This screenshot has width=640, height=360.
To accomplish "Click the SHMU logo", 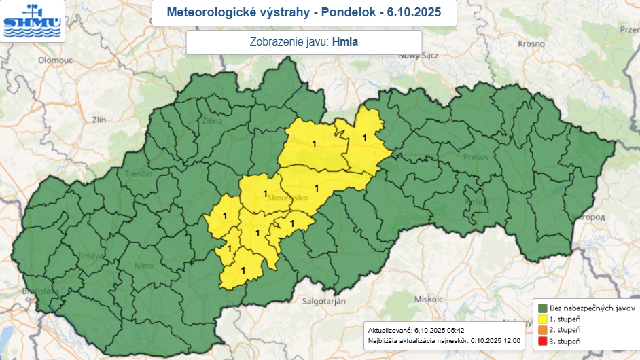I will click(x=31, y=20).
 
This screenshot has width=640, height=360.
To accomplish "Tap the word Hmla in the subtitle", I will click(x=345, y=42).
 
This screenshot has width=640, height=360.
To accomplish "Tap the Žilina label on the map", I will click(x=212, y=120).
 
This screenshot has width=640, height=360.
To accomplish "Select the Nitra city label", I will click(x=143, y=266).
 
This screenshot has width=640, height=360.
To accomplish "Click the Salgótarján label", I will click(x=324, y=300).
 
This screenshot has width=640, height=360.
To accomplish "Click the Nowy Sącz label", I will click(x=416, y=56).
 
